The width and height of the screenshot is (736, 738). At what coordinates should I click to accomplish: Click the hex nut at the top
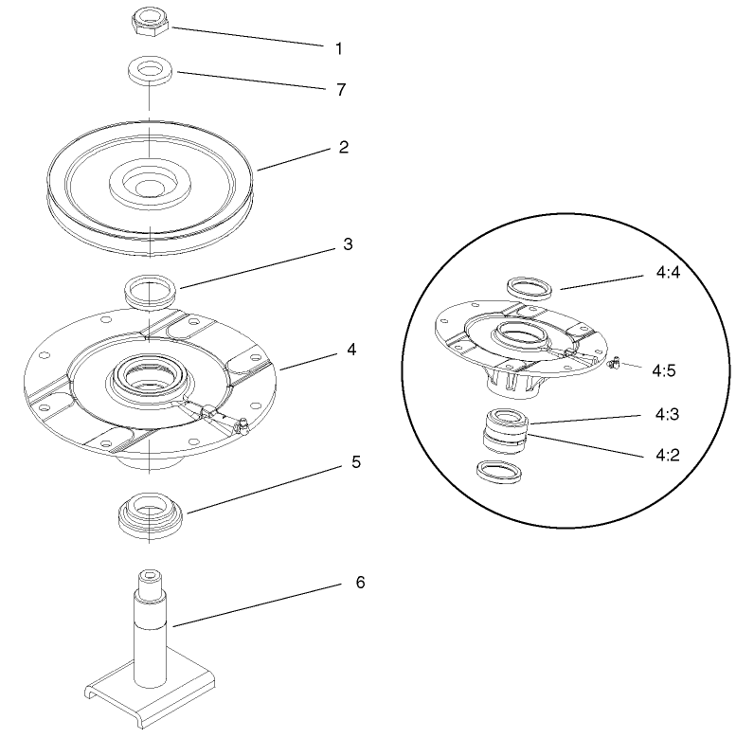pos(148,22)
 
